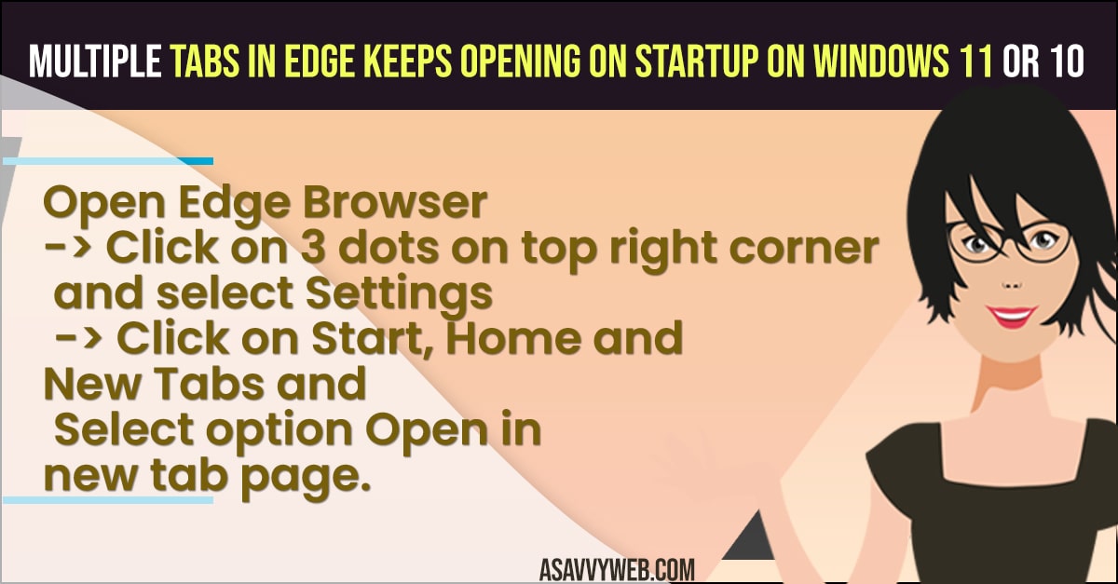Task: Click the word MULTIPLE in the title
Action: coord(95,61)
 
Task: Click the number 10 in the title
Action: coord(1067,61)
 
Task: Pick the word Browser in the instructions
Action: coord(395,203)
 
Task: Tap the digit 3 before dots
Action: coord(313,248)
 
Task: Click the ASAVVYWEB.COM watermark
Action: coord(617,569)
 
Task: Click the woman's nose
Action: coord(1012,286)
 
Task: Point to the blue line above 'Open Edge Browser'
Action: coord(108,161)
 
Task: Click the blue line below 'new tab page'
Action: coord(108,499)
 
